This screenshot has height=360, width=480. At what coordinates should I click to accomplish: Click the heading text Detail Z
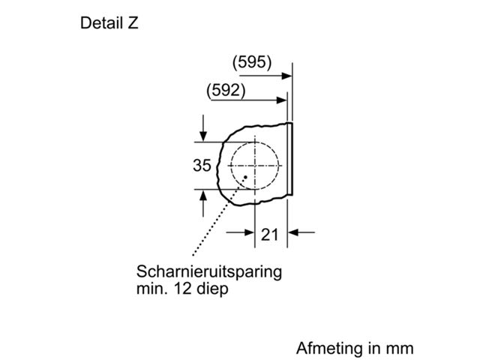[109, 23]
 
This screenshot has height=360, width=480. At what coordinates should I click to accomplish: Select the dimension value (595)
[252, 62]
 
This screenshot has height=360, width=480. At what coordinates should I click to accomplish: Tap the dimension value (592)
[226, 91]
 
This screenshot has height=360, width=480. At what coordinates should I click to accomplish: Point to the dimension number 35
[202, 165]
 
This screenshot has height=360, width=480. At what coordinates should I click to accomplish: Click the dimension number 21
[270, 235]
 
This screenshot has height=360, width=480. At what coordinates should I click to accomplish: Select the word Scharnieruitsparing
[209, 271]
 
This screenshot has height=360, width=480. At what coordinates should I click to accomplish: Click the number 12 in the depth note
[183, 288]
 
